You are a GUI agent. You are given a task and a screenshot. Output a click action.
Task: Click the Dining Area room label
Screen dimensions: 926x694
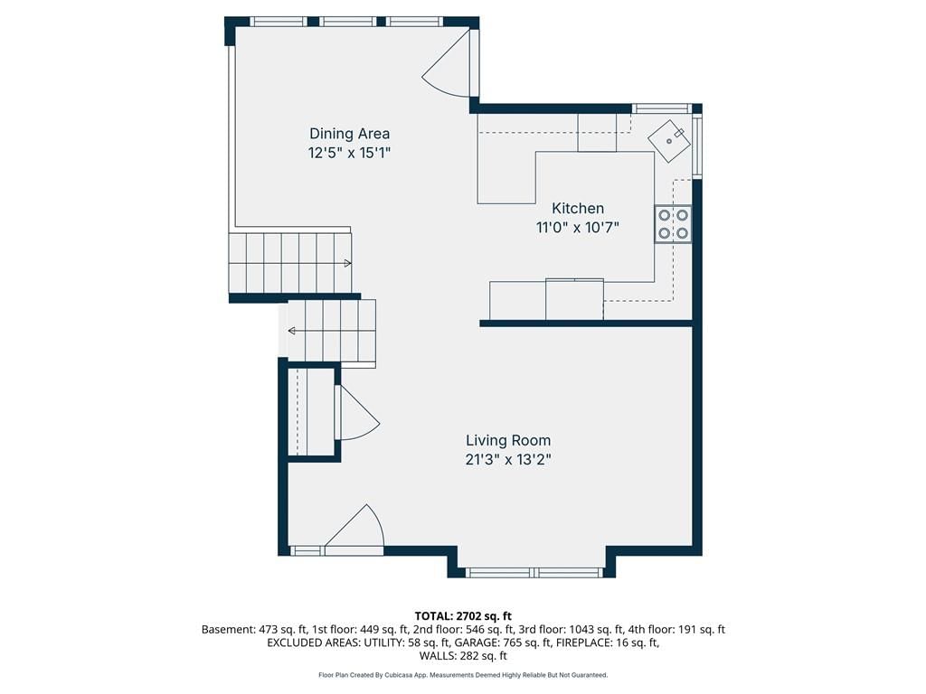pos(350,134)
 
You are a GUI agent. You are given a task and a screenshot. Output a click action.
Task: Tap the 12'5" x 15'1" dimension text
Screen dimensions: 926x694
pos(350,153)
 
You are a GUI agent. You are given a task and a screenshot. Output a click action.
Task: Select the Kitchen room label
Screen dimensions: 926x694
pos(578,209)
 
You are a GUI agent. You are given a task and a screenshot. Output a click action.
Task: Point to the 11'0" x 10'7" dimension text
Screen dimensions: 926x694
pos(578,227)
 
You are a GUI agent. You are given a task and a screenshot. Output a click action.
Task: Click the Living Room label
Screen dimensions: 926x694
pos(508,440)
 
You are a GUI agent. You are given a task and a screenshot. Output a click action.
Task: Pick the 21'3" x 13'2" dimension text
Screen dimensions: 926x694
pos(508,460)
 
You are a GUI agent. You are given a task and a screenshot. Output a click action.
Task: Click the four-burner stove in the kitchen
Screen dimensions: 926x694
pos(673,224)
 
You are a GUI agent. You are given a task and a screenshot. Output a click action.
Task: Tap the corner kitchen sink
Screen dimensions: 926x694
pos(669,141)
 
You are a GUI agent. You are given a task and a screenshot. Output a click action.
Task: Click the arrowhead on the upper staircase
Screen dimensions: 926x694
pos(348,263)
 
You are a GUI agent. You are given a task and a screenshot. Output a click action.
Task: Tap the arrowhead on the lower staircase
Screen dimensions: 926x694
pos(292,331)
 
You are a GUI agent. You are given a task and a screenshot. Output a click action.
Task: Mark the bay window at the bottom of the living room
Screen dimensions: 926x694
pos(534,572)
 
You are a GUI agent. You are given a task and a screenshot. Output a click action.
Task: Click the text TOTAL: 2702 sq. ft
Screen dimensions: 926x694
pos(463,616)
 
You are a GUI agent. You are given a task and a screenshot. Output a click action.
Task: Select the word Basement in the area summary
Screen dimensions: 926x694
pos(228,630)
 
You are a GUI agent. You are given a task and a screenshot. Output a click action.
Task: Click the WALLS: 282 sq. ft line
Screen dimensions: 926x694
pos(463,656)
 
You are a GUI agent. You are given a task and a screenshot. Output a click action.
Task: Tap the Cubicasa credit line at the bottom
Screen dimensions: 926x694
pos(463,674)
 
